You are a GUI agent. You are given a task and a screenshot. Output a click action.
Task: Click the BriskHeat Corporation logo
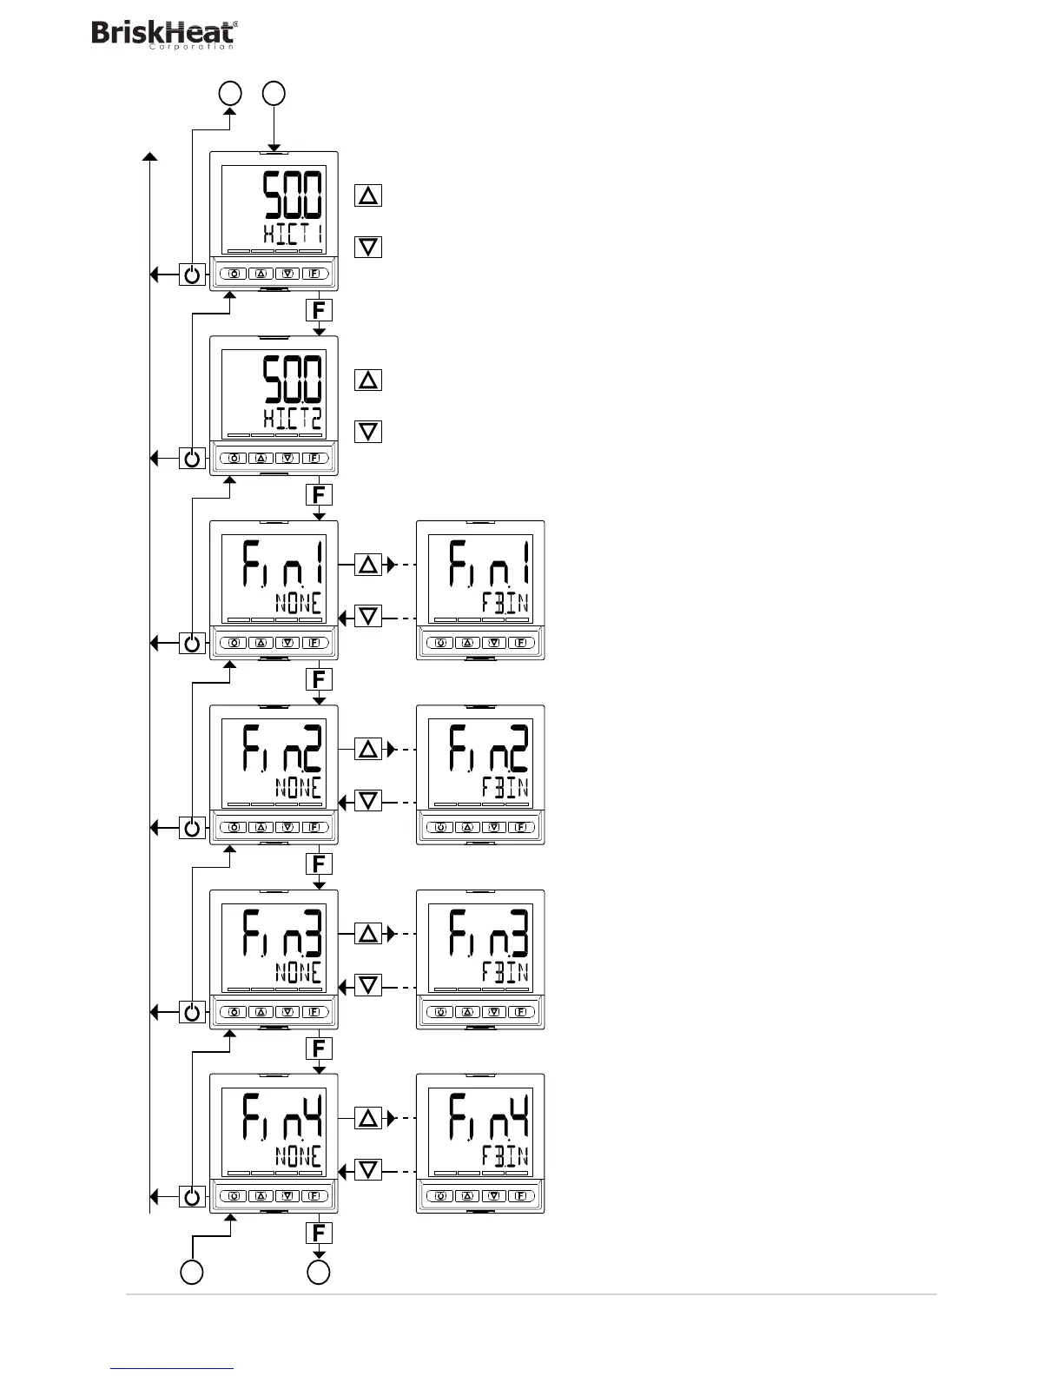tap(164, 35)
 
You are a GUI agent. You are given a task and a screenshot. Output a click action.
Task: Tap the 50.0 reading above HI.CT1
tap(293, 195)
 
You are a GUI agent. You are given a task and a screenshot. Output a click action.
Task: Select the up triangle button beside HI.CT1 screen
tap(368, 195)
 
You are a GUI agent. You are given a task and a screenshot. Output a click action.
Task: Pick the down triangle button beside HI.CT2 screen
tap(368, 431)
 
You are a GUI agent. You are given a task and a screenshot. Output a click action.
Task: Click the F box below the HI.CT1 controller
tap(319, 310)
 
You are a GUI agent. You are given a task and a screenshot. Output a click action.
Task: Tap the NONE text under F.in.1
tap(298, 603)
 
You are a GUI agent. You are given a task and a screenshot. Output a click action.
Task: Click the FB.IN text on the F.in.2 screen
tap(505, 787)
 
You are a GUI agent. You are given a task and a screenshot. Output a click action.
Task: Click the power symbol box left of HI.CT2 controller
tap(192, 458)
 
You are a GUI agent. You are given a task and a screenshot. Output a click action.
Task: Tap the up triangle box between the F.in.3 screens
tap(368, 934)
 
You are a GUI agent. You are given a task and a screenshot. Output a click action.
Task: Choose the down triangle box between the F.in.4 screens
tap(368, 1170)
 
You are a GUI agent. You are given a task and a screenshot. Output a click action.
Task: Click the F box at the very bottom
tap(319, 1233)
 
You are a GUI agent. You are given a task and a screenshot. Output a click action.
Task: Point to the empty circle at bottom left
tap(192, 1273)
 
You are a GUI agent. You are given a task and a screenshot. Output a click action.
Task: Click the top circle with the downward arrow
tap(274, 93)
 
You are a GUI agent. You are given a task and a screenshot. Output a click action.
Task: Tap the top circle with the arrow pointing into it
tap(230, 93)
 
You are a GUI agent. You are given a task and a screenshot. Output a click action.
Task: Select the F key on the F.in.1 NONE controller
tap(314, 643)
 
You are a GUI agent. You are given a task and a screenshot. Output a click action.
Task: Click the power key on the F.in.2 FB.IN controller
tap(440, 827)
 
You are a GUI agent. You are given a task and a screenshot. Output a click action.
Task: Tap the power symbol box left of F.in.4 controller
tap(192, 1196)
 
